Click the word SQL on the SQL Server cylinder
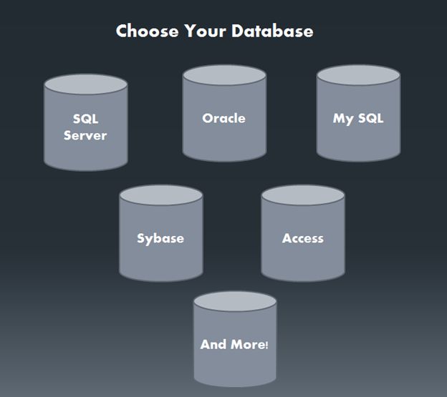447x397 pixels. coord(85,119)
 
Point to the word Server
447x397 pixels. coord(85,135)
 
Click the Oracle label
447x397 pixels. coord(223,118)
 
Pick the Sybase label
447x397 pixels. coord(160,238)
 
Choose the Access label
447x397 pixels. coord(303,238)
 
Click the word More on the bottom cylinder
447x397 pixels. coord(248,344)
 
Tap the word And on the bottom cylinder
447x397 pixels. coord(213,344)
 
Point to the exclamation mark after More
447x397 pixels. coord(267,345)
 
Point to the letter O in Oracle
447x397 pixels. coord(207,118)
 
